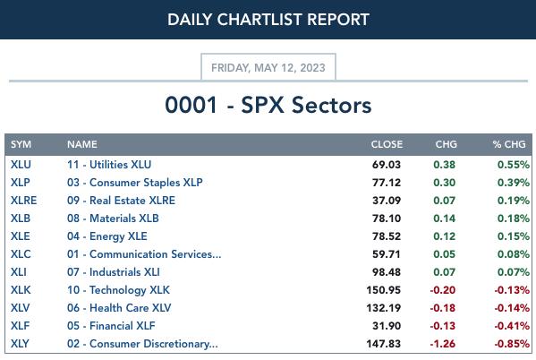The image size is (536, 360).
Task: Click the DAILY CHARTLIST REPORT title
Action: pos(268,20)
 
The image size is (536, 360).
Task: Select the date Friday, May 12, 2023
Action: pos(268,68)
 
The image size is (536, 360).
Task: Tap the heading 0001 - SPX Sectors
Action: pos(268,105)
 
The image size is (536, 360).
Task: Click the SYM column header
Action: pos(21,144)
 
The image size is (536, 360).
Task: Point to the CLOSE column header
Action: pos(387,144)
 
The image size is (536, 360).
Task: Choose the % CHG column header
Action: pos(509,144)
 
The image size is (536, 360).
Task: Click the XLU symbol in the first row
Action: pos(21,165)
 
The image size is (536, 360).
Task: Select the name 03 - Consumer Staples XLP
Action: pos(135,183)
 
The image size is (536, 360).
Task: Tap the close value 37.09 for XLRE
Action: pos(387,201)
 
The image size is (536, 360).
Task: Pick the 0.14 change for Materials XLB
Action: pos(445,219)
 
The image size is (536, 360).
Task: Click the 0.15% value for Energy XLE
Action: pos(514,236)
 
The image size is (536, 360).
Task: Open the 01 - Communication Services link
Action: pos(144,254)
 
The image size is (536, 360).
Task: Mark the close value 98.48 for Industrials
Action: pos(387,272)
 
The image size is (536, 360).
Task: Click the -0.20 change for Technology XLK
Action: pos(443,290)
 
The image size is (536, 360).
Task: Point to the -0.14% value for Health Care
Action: pos(512,308)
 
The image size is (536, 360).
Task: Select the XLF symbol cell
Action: pos(20,326)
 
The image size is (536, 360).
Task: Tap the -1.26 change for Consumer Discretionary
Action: pos(443,344)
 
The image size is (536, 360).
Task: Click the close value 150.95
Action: pos(384,290)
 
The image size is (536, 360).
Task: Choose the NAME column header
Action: pos(82,144)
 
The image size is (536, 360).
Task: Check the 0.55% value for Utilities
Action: pos(514,165)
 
